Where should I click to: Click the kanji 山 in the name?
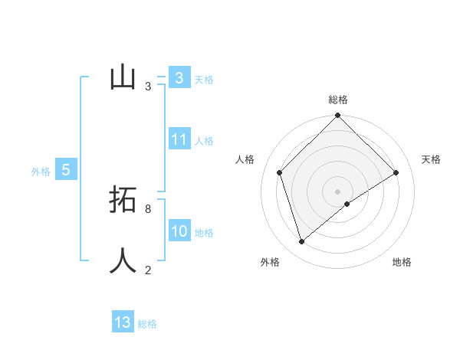[123, 77]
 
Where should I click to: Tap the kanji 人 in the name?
[123, 260]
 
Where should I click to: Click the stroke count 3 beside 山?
[148, 87]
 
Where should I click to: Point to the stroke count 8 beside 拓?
[148, 208]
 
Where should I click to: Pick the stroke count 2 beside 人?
[148, 270]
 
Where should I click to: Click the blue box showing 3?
[179, 77]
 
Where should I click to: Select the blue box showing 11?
[179, 139]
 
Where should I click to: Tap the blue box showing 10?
[179, 231]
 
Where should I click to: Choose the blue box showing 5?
[66, 170]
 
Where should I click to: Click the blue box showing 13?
[123, 322]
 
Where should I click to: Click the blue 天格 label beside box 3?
[204, 79]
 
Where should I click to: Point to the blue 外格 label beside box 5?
[41, 172]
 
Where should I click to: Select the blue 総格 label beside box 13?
[147, 324]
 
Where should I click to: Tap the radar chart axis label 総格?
[338, 100]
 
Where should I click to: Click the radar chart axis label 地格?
[402, 262]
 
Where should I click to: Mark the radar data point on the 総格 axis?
[338, 116]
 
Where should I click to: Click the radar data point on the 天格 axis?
[396, 172]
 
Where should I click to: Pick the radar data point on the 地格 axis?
[347, 204]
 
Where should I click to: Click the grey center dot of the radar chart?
[338, 191]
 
